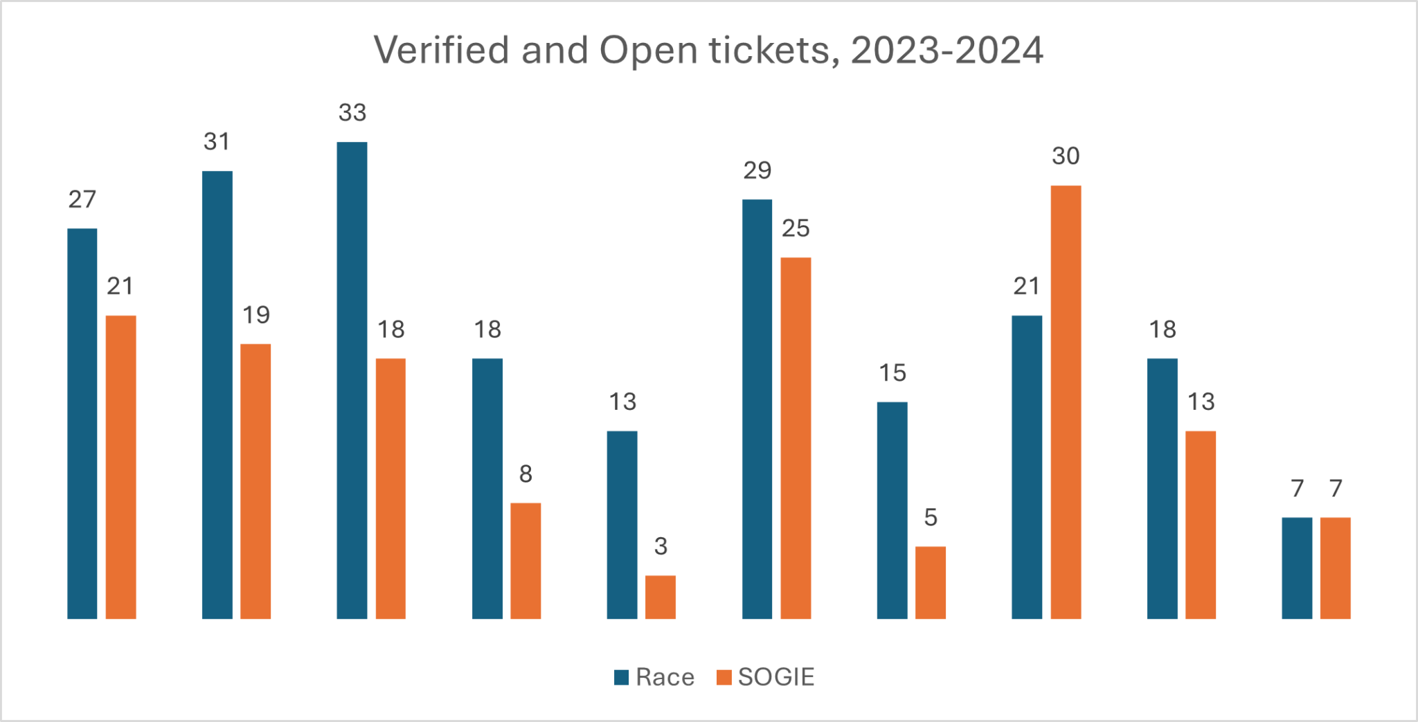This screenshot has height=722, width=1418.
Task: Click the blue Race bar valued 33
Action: (x=352, y=380)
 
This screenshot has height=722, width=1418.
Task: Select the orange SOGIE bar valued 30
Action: (x=1066, y=401)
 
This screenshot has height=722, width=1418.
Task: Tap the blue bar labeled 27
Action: (x=82, y=423)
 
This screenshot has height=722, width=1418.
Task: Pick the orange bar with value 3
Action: (x=661, y=597)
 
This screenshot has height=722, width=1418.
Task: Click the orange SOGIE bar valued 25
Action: (x=796, y=437)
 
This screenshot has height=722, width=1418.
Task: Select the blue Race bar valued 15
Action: (x=892, y=510)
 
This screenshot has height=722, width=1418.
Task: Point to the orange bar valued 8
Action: (x=526, y=561)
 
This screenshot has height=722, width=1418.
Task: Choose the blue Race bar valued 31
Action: (x=217, y=395)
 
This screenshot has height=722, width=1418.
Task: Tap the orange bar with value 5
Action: (x=930, y=582)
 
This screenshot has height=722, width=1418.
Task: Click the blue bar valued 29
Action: (x=757, y=408)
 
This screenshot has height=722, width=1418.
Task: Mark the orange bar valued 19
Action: (x=255, y=481)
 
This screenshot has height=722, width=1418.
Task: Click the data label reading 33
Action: (x=352, y=113)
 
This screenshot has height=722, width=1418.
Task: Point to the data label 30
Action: (x=1066, y=156)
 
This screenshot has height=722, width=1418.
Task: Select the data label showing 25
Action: (x=796, y=228)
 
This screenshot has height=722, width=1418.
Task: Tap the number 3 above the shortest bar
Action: (x=661, y=546)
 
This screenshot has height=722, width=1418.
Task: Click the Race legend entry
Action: (x=654, y=677)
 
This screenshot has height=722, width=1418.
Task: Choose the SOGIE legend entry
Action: (x=766, y=677)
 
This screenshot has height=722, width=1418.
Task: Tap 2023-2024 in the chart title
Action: (x=946, y=51)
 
